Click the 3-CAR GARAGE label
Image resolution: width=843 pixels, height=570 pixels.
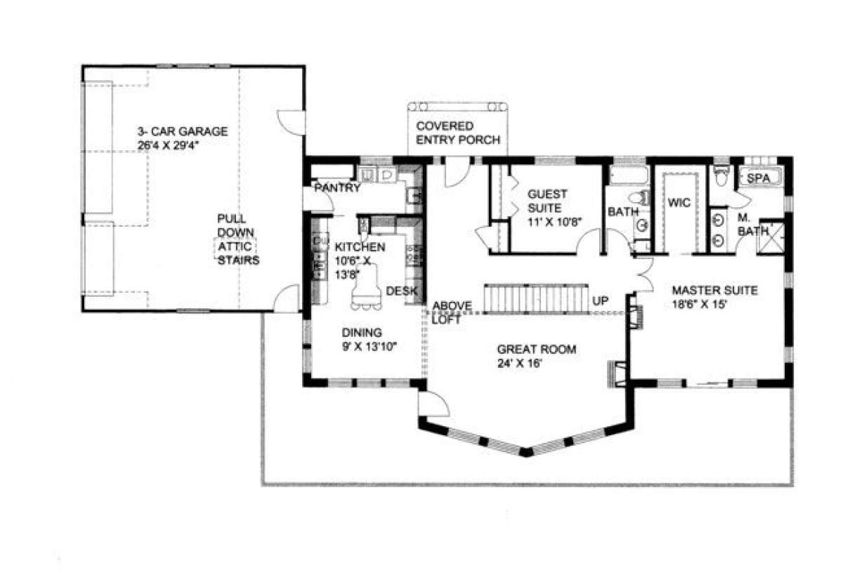[x=183, y=131]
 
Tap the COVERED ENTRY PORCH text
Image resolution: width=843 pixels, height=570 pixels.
[x=458, y=133]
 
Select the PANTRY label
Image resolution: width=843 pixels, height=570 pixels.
[x=337, y=187]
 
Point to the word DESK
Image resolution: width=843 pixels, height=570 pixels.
[x=402, y=291]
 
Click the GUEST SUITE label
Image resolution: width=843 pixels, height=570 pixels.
[x=547, y=201]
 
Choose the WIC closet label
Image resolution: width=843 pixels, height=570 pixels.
[x=679, y=203]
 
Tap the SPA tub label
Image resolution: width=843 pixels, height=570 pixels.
[x=758, y=178]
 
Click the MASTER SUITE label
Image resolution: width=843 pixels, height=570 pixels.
[x=714, y=290]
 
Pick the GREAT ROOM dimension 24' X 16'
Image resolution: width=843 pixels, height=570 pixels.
[x=519, y=363]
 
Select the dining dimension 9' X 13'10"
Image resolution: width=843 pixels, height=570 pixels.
[x=370, y=346]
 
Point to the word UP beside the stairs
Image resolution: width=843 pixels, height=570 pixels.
[x=600, y=300]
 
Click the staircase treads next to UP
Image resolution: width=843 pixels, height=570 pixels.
[x=536, y=298]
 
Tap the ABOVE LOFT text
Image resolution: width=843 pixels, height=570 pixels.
[x=452, y=312]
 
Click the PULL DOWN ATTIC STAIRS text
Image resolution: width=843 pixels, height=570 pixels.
[x=238, y=239]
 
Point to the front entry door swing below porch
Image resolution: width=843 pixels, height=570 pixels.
[x=457, y=173]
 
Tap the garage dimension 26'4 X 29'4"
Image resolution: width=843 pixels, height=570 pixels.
[x=168, y=145]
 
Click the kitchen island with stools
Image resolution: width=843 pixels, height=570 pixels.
[x=366, y=287]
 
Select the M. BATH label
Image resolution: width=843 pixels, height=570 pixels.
[x=752, y=224]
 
